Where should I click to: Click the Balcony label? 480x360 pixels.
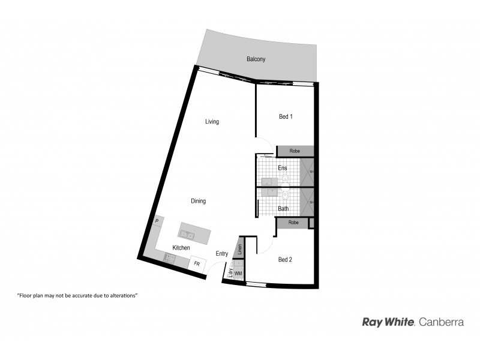256,59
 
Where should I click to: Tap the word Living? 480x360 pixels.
212,122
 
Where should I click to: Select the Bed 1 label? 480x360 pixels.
286,116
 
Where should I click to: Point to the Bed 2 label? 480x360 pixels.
285,260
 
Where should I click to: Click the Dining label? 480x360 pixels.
198,201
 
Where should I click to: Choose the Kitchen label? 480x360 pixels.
181,248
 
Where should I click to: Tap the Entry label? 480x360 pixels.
222,254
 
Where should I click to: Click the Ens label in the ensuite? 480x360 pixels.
282,168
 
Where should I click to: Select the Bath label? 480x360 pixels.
283,209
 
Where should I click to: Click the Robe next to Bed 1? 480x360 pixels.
295,151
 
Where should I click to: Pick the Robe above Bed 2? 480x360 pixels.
293,223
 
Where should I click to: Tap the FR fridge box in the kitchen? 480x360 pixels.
196,263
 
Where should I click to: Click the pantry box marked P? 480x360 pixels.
157,221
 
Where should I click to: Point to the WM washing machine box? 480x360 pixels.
238,274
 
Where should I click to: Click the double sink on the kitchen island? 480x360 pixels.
188,233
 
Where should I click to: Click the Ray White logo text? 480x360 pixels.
388,322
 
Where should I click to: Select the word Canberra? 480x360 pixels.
441,322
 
